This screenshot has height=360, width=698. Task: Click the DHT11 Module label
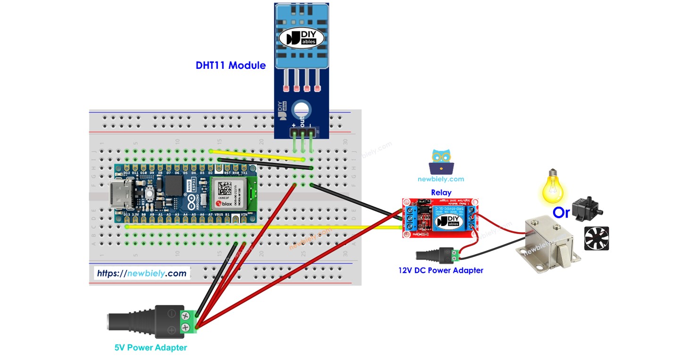231,66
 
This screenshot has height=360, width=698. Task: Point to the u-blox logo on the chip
224,203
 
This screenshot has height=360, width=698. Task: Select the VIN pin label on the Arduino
244,215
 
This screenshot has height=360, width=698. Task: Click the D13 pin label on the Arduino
126,215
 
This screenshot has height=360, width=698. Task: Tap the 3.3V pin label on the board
135,215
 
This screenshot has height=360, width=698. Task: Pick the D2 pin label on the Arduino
210,173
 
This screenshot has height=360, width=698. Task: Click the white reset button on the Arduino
150,194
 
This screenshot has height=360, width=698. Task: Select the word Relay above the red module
441,193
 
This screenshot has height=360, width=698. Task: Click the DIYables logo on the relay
445,221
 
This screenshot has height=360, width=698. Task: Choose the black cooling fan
597,238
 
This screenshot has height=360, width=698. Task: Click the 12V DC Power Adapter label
440,270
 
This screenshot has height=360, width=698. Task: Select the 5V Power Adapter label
151,348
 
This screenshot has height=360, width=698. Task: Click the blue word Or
561,213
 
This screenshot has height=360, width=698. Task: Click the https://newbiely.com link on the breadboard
142,273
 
